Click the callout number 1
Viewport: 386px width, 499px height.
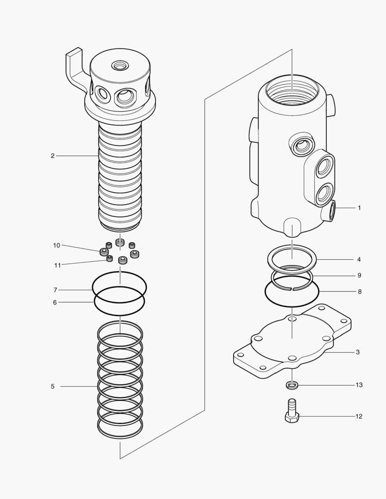[359, 208]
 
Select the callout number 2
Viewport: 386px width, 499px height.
[52, 156]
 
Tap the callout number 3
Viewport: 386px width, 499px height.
[358, 352]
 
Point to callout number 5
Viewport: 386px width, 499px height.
[52, 386]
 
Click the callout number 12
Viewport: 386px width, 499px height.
[359, 416]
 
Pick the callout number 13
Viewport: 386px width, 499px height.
[359, 385]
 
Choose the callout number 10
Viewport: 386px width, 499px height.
[56, 245]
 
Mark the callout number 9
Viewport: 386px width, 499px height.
[359, 275]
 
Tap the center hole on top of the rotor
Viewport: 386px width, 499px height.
[120, 67]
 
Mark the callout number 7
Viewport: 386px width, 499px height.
[55, 290]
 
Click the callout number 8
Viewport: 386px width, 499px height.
[359, 292]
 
